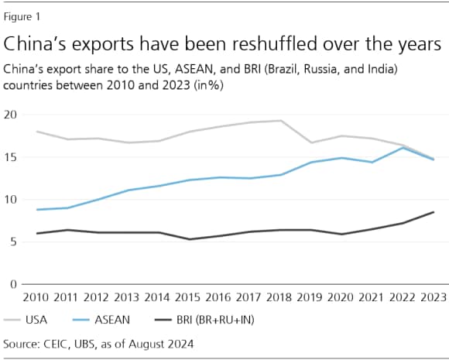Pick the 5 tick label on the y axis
pos(12,242)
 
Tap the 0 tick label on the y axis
pos(12,285)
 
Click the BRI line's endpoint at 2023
pos(433,212)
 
